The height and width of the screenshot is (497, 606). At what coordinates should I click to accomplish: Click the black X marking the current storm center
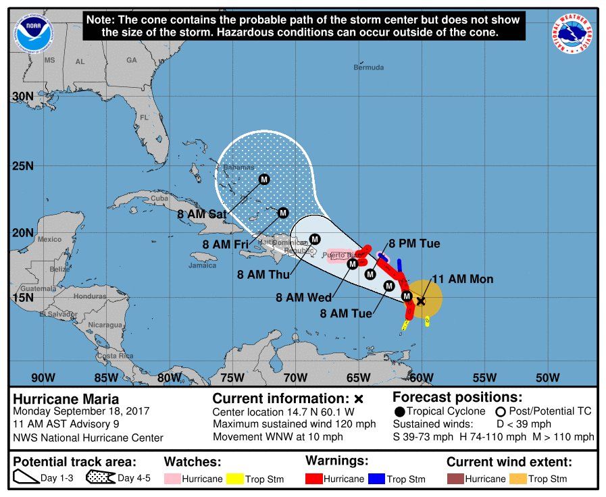point(421,301)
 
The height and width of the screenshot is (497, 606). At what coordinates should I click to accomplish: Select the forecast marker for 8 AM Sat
point(264,179)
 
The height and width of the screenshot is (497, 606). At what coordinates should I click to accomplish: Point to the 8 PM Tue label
point(414,244)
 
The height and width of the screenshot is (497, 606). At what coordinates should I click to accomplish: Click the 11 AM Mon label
point(462,279)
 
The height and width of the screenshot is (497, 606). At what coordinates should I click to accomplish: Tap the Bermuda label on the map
point(369,68)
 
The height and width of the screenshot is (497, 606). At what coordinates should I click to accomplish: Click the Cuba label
point(159,199)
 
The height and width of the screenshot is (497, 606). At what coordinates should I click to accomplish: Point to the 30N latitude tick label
point(23,97)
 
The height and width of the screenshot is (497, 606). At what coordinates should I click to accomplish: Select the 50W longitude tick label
point(547,377)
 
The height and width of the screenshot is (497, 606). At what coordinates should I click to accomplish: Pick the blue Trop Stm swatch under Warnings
point(375,479)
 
